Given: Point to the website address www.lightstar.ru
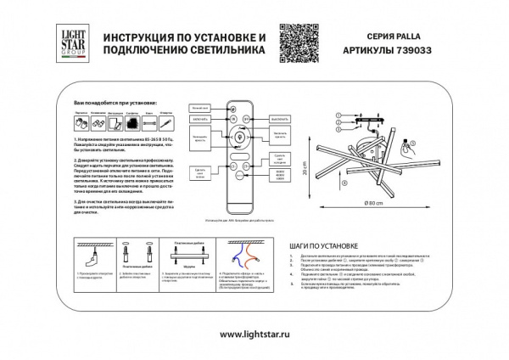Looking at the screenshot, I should click(x=254, y=335).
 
